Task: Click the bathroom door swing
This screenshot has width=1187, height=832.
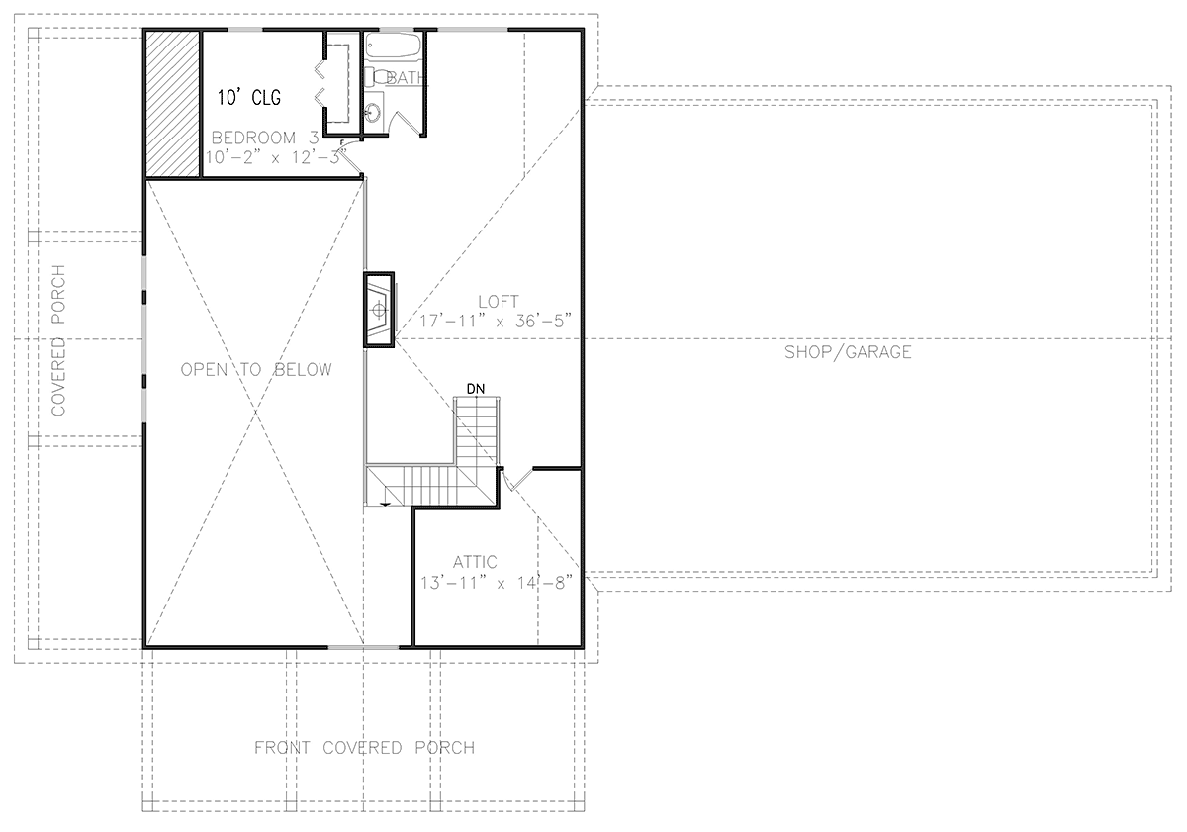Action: (x=403, y=121)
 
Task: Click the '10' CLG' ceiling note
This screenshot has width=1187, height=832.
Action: (x=249, y=97)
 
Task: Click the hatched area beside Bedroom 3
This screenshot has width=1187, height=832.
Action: (x=173, y=104)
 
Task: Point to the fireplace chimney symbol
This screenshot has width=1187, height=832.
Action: (x=380, y=310)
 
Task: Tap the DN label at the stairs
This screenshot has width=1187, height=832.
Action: (x=476, y=388)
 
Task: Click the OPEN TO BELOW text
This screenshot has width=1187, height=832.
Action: (x=256, y=369)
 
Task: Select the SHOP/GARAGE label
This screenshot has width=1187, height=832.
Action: (x=848, y=352)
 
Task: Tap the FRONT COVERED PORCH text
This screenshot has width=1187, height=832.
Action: (x=364, y=747)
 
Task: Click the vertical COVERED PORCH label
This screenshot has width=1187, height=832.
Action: (x=59, y=339)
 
